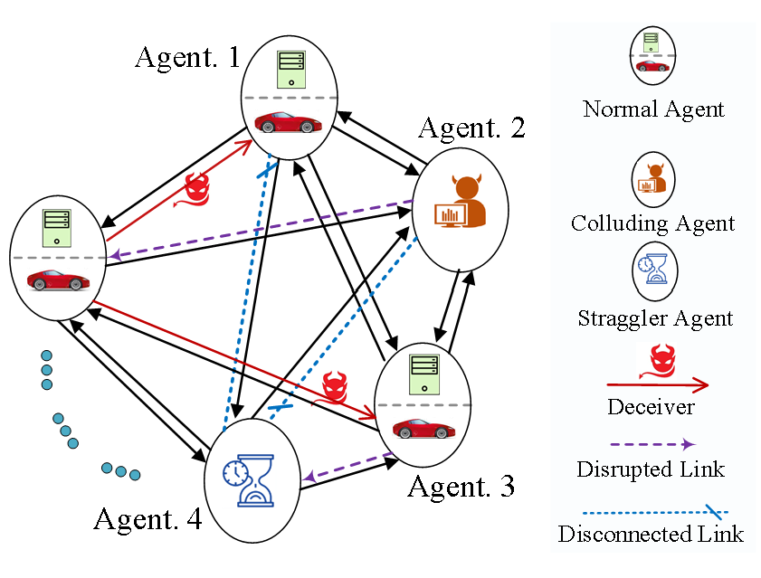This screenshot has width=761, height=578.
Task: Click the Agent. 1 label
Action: click(x=188, y=58)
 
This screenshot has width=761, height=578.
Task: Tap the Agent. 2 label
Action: click(x=471, y=128)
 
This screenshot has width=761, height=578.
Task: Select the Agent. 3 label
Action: click(x=461, y=486)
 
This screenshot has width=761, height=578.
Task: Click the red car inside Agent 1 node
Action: click(x=288, y=121)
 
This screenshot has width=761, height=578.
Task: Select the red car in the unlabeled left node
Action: click(x=58, y=280)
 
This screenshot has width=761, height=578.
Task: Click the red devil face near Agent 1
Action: click(x=196, y=191)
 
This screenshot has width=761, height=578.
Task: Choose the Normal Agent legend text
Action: click(x=653, y=110)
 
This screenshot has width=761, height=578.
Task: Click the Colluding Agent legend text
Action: click(x=652, y=223)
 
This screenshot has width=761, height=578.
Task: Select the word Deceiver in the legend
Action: click(x=651, y=407)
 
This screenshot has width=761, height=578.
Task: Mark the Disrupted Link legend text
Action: click(x=651, y=470)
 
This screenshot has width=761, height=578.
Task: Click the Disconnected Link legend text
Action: click(x=651, y=534)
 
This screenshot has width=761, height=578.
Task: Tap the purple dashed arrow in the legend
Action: click(x=652, y=444)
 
